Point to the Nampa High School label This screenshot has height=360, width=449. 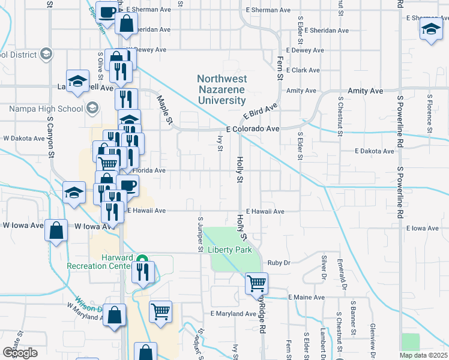(46, 109)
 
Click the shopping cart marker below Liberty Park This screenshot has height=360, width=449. (256, 283)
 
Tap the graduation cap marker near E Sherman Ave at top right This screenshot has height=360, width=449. (430, 30)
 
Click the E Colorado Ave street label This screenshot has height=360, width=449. (253, 129)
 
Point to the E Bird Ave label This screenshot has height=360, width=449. (261, 112)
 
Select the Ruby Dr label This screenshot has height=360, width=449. (279, 262)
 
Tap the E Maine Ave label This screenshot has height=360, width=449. (306, 297)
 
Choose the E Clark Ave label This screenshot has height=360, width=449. (303, 70)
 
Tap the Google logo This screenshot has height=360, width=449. (20, 353)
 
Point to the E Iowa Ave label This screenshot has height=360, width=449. (423, 229)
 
